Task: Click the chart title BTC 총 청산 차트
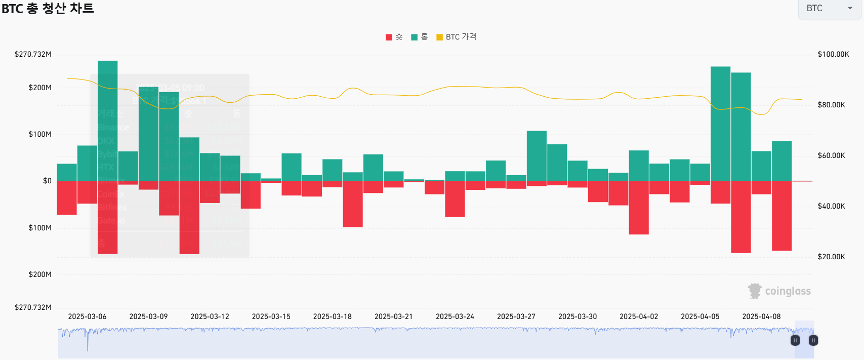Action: [x=48, y=9]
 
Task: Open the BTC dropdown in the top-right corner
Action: [x=829, y=9]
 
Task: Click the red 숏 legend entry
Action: [x=394, y=37]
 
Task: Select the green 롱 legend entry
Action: [x=419, y=37]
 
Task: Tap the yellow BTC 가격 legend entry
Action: [x=456, y=37]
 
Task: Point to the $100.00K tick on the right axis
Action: [x=833, y=54]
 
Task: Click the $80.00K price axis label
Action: [x=831, y=105]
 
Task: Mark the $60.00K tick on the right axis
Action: [x=831, y=155]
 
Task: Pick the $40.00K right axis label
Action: [x=831, y=206]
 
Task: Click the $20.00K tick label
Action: [x=831, y=257]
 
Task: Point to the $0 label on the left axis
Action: [x=47, y=181]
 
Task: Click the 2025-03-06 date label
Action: [x=87, y=316]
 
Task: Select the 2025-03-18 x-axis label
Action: [x=332, y=316]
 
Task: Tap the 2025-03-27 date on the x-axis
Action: [x=516, y=316]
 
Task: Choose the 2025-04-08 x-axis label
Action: [x=761, y=316]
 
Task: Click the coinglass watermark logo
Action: [x=779, y=291]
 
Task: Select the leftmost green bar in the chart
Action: [x=67, y=172]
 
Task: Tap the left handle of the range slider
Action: [x=795, y=340]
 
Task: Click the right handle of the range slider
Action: [x=813, y=340]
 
